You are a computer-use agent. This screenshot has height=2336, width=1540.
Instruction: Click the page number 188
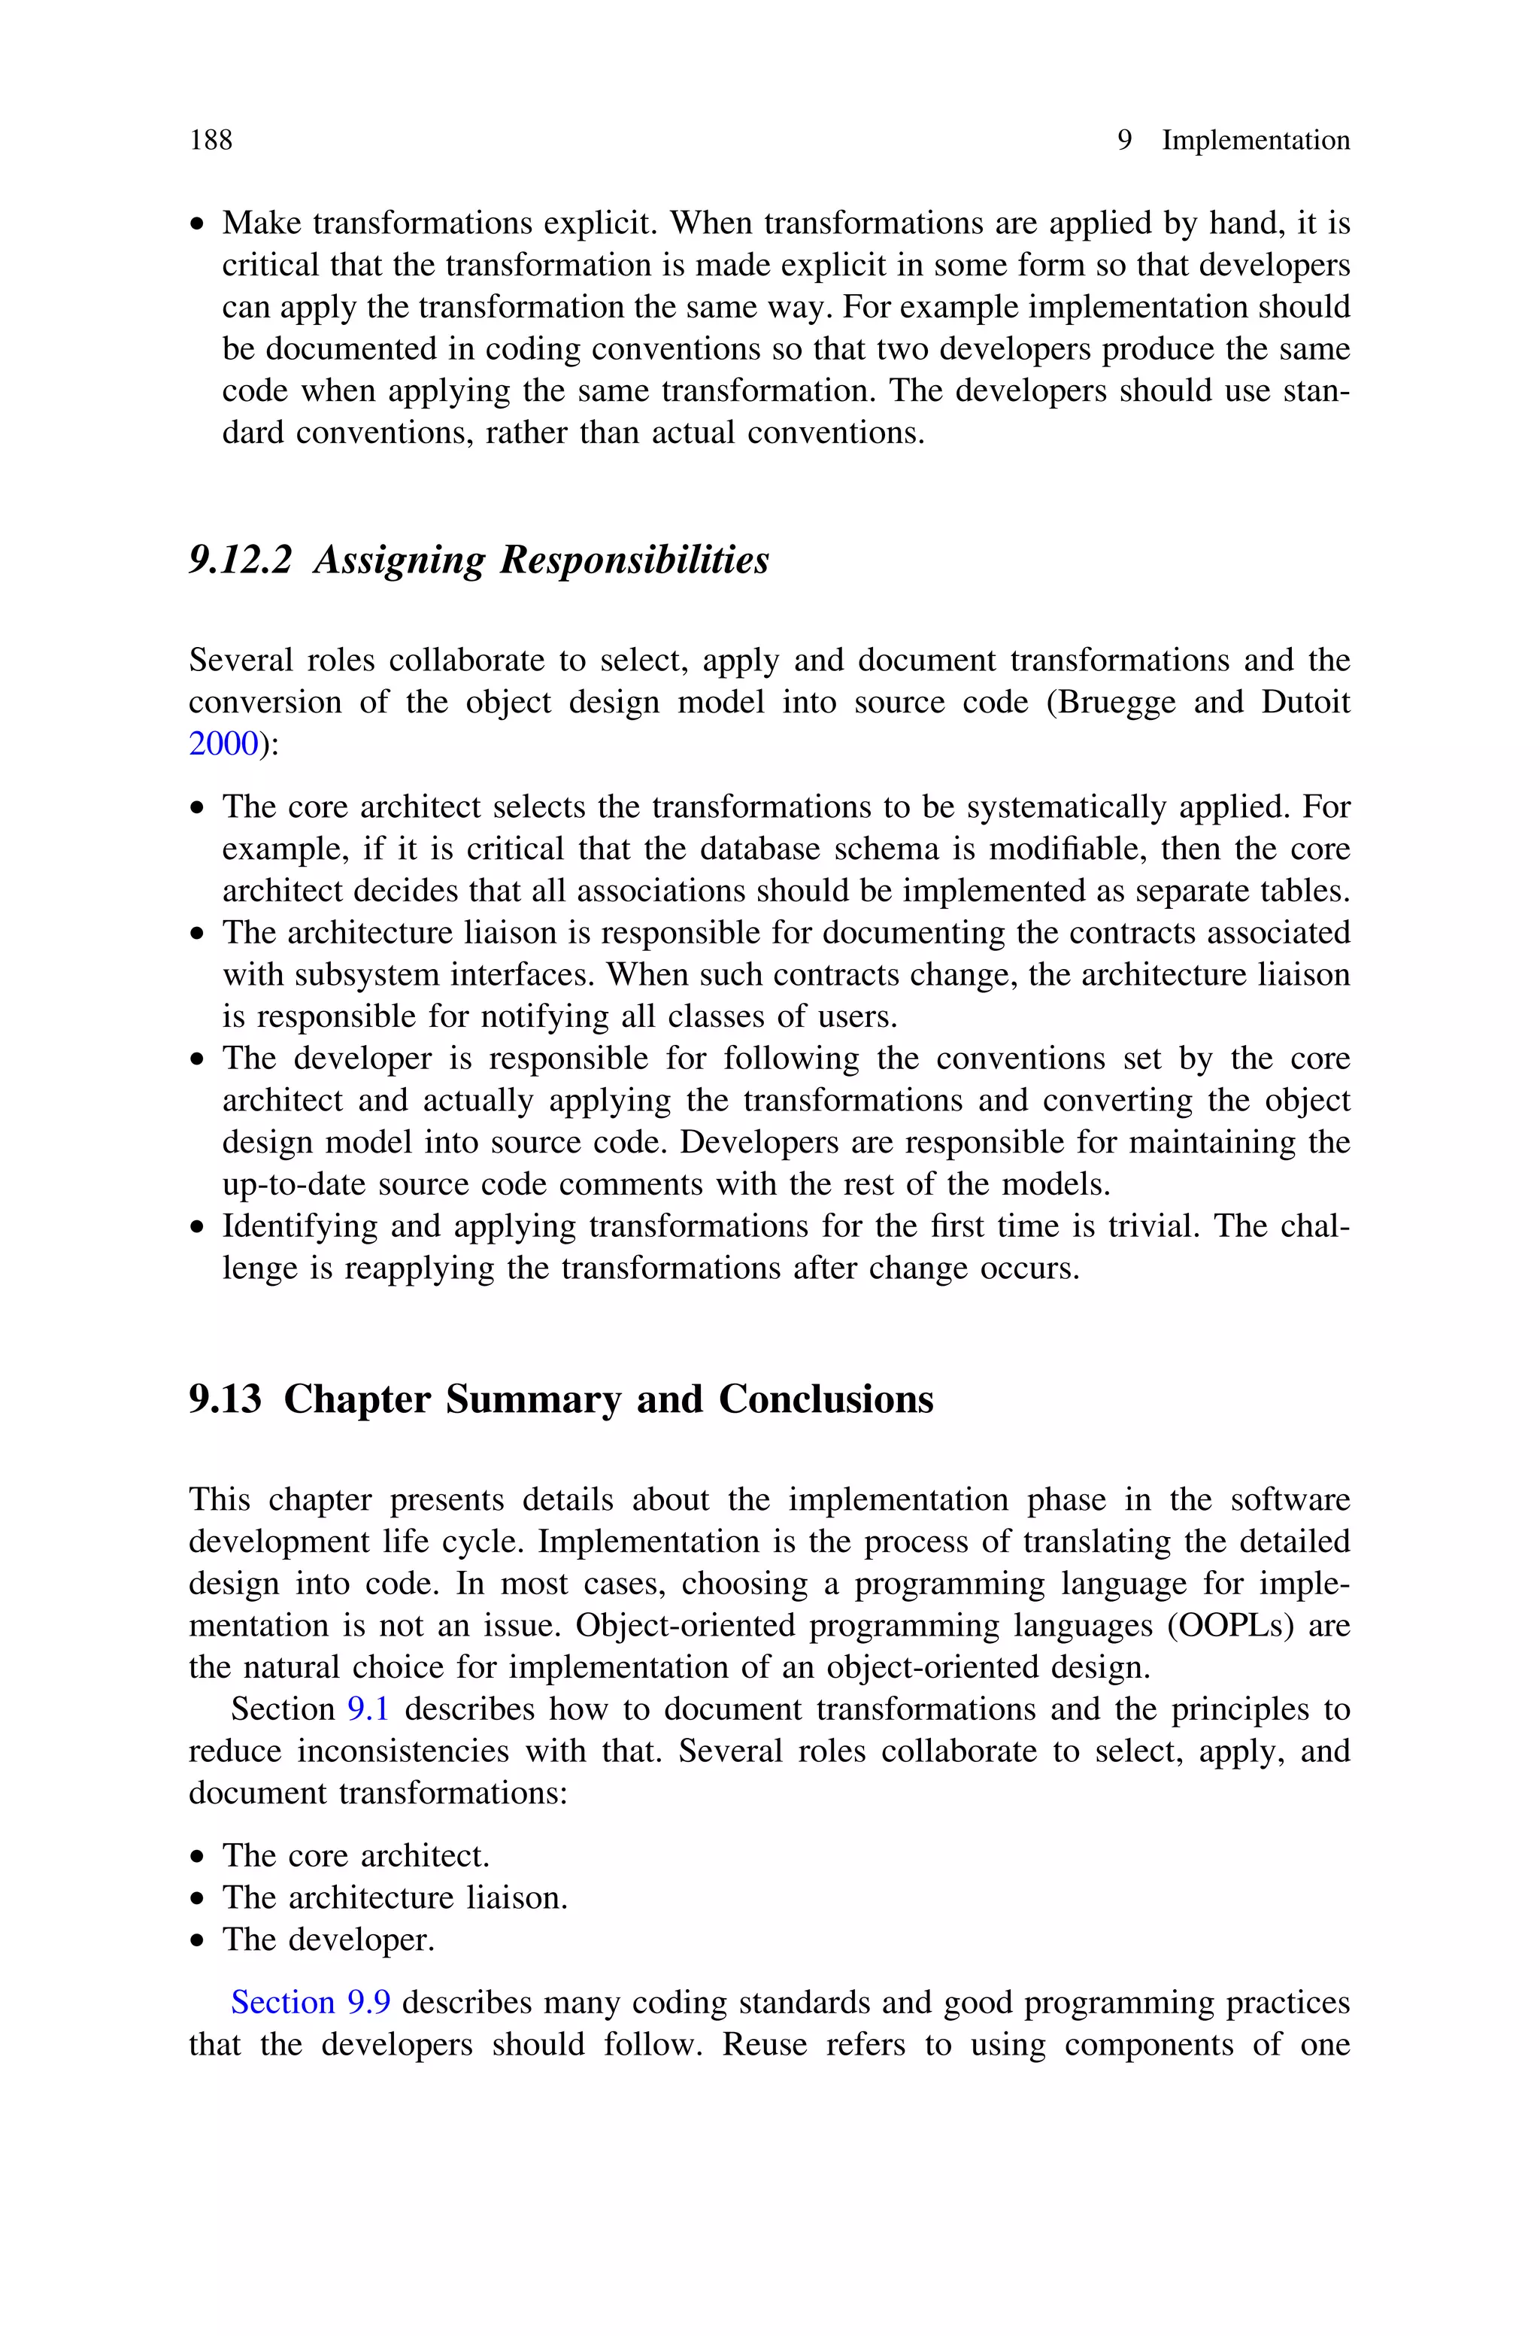[x=211, y=141]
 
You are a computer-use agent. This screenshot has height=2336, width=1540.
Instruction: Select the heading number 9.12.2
[x=241, y=560]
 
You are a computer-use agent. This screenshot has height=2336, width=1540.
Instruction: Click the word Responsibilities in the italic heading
[x=635, y=560]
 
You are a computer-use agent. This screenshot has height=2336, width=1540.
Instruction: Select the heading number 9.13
[x=225, y=1399]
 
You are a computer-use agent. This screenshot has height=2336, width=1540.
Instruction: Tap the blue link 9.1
[x=368, y=1709]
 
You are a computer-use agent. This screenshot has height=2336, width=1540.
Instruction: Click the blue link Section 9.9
[x=311, y=2002]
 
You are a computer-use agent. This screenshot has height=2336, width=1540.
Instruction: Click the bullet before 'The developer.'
[x=199, y=1942]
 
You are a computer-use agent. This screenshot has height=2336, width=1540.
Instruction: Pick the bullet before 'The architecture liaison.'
[x=199, y=1900]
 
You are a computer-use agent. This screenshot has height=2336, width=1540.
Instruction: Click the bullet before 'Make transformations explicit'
[x=199, y=226]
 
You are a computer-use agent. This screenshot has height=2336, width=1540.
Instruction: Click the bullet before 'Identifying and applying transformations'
[x=199, y=1228]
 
